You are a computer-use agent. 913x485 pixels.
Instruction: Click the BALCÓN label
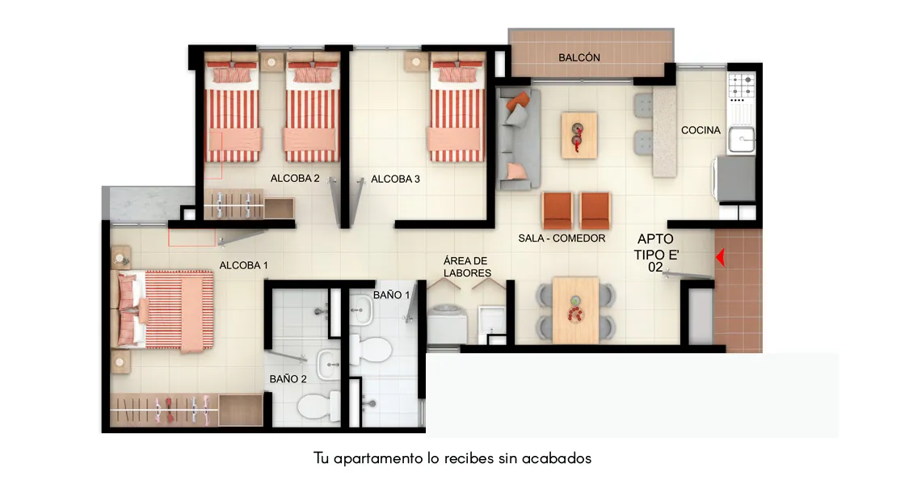point(579,57)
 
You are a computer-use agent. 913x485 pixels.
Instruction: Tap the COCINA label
point(701,130)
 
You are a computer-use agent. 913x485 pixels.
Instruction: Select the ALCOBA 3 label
point(395,179)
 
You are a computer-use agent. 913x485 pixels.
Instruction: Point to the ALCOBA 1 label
point(243,265)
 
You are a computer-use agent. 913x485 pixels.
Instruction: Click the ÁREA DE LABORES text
point(466,267)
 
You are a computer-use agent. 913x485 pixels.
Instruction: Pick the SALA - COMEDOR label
point(562,238)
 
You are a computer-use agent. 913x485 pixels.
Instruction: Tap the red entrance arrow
point(719,258)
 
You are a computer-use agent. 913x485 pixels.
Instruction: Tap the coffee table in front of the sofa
point(579,134)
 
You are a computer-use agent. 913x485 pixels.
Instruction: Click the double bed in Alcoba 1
point(166,311)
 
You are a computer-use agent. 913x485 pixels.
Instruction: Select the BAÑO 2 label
point(288,378)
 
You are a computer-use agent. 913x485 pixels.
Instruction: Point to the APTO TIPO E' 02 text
point(654,252)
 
